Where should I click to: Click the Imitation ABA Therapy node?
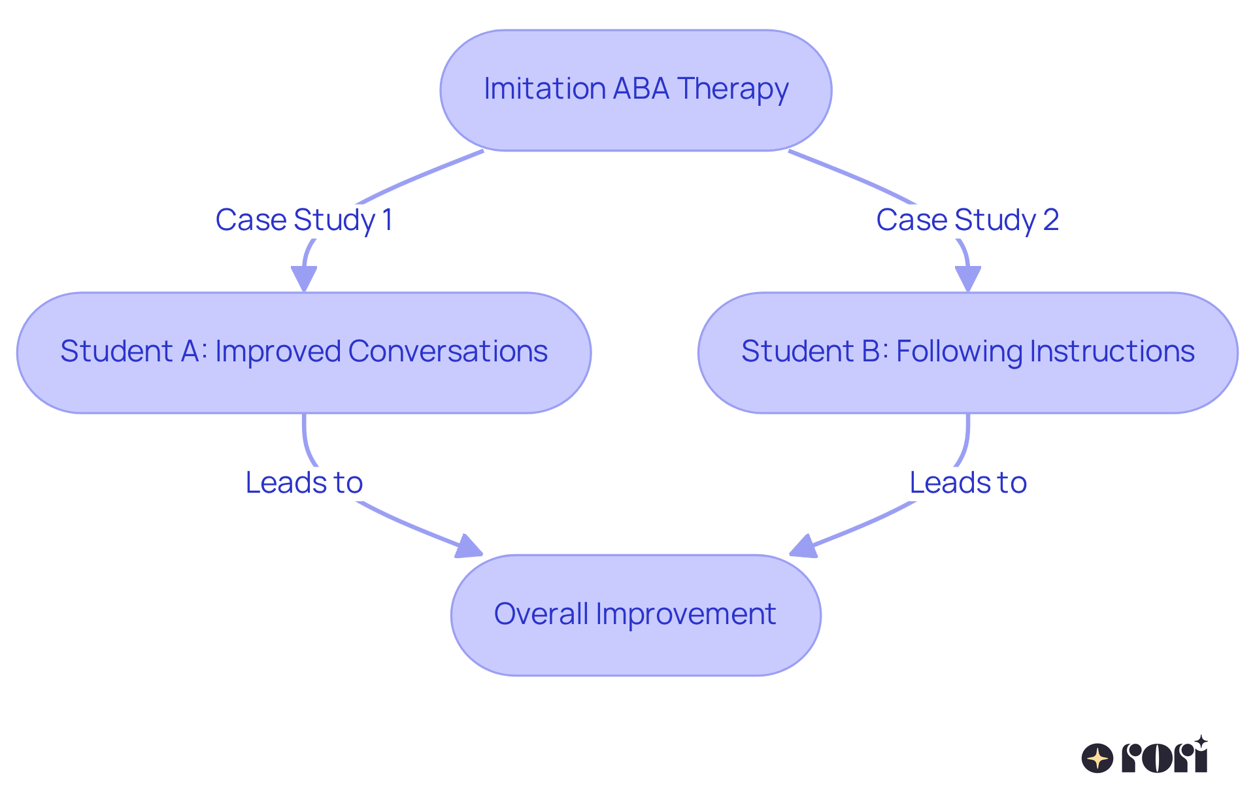pyautogui.click(x=635, y=90)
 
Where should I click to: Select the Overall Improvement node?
pyautogui.click(x=635, y=615)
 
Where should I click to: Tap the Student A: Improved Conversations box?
pyautogui.click(x=304, y=353)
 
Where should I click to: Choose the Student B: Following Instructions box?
pyautogui.click(x=967, y=353)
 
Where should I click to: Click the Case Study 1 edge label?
pyautogui.click(x=304, y=220)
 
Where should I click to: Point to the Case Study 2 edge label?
pyautogui.click(x=967, y=220)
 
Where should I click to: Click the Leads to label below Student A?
pyautogui.click(x=304, y=483)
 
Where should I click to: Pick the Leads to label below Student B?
pyautogui.click(x=968, y=483)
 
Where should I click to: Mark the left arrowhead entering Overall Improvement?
pyautogui.click(x=468, y=548)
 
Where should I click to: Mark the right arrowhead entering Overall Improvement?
pyautogui.click(x=803, y=548)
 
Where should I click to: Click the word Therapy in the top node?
pyautogui.click(x=733, y=89)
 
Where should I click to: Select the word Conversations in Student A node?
pyautogui.click(x=448, y=352)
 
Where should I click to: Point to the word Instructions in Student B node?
pyautogui.click(x=1112, y=352)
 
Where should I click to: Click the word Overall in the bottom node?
pyautogui.click(x=541, y=614)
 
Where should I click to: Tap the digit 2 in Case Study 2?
pyautogui.click(x=1051, y=220)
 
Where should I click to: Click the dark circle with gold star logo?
pyautogui.click(x=1097, y=759)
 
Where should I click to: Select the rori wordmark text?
pyautogui.click(x=1165, y=757)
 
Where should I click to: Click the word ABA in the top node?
pyautogui.click(x=641, y=89)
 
